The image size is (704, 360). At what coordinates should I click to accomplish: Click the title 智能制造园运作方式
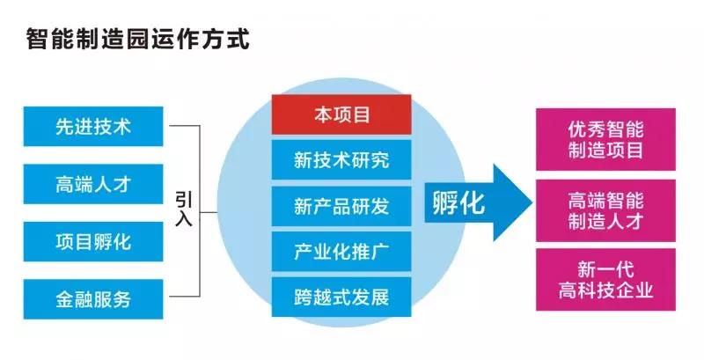[137, 40]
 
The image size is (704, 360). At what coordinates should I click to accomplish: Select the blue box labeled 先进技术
[93, 126]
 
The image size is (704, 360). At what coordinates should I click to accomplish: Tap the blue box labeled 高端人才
[93, 184]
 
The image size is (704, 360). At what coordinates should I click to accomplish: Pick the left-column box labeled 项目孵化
[93, 241]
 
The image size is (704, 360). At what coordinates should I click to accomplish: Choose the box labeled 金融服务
[93, 299]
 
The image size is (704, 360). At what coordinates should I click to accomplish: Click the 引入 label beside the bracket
[184, 209]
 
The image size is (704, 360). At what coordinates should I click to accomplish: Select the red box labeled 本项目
[341, 114]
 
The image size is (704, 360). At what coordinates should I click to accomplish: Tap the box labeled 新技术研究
[341, 160]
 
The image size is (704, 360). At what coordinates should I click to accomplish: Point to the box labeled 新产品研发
[341, 206]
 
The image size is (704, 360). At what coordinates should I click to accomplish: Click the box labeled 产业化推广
[341, 252]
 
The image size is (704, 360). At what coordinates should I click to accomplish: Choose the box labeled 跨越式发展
[341, 298]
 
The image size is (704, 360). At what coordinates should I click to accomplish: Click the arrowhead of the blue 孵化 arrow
[532, 202]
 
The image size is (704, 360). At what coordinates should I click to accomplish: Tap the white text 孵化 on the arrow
[458, 203]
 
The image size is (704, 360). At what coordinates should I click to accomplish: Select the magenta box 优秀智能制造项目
[605, 139]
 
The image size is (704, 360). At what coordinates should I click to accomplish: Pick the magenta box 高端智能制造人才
[605, 210]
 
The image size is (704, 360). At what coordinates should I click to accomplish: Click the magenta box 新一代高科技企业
[605, 280]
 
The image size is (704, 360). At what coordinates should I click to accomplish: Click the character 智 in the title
[38, 40]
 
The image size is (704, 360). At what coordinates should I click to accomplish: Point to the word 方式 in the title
[225, 40]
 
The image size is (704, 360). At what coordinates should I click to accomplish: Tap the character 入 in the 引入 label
[184, 218]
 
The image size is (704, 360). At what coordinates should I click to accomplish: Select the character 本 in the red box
[323, 115]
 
